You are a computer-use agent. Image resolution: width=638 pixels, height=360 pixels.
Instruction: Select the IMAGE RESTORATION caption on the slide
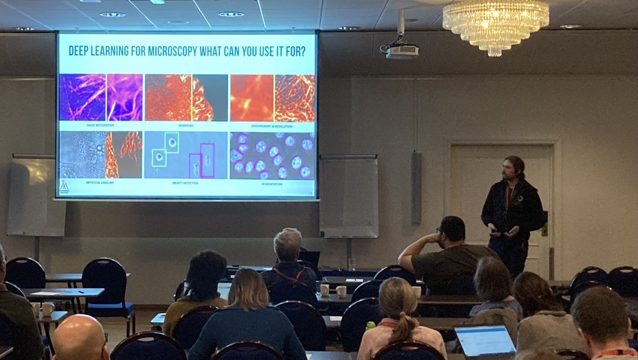point(100,125)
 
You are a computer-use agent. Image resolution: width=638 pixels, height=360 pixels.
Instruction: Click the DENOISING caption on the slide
point(187,125)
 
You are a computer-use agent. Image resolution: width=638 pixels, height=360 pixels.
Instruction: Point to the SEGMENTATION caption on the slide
point(272,184)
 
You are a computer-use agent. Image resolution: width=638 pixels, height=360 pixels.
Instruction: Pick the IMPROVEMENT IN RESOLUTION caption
point(272,125)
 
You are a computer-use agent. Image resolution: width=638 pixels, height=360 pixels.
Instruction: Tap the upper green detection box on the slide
point(172,143)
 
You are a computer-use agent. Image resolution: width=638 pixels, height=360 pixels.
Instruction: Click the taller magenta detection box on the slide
point(207,160)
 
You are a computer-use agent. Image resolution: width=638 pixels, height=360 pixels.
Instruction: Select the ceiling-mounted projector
point(401,51)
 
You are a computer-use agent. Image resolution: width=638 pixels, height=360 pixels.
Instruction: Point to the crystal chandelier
point(496,24)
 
